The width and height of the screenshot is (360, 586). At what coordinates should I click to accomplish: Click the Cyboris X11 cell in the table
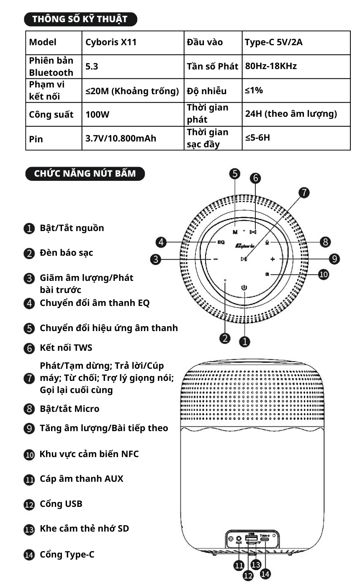(111, 42)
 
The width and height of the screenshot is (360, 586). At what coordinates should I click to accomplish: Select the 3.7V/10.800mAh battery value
(121, 138)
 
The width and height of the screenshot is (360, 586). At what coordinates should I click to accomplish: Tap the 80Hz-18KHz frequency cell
(270, 66)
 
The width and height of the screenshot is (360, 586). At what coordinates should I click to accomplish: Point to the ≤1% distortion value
(254, 90)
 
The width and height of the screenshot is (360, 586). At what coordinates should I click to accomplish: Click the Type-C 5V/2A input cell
(273, 42)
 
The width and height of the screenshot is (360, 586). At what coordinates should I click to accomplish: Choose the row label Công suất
(51, 114)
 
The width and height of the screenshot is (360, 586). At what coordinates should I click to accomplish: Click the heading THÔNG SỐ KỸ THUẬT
(80, 19)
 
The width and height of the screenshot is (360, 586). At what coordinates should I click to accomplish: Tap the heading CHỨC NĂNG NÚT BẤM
(85, 173)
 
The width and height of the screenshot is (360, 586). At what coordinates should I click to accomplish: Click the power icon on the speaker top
(244, 288)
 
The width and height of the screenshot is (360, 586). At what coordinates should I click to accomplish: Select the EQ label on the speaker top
(221, 242)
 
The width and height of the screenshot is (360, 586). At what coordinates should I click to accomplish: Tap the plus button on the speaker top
(273, 260)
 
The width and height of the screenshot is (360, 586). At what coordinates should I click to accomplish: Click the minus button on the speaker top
(215, 260)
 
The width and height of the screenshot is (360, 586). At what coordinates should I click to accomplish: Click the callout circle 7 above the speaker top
(304, 193)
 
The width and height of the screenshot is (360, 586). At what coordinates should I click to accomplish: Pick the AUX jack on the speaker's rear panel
(239, 539)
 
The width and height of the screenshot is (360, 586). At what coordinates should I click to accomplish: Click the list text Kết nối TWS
(66, 347)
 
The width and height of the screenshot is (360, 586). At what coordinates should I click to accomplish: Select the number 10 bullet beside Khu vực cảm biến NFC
(28, 455)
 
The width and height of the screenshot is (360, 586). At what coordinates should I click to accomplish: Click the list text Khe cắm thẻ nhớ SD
(84, 528)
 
